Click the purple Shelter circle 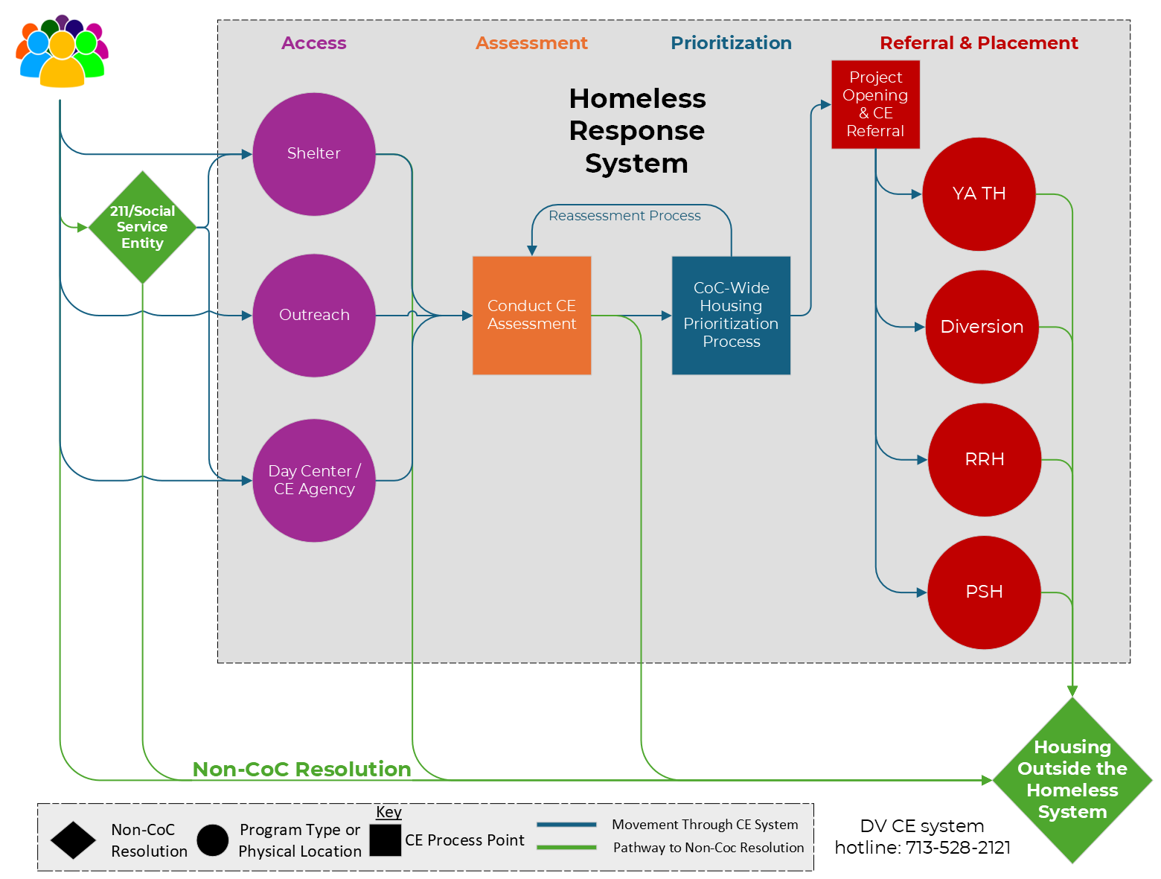(313, 154)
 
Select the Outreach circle (313, 315)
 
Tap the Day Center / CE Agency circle (313, 480)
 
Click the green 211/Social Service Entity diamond (142, 227)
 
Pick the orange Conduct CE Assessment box (531, 315)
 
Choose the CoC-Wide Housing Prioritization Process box (731, 315)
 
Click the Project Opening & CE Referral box (875, 104)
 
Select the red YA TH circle (979, 194)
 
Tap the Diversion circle (982, 327)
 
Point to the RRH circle (984, 459)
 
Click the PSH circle (984, 592)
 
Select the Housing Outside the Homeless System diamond (1072, 779)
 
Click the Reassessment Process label (624, 216)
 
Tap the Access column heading (313, 43)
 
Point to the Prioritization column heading (731, 43)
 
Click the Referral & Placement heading (979, 43)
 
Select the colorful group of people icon (62, 52)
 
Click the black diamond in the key (73, 840)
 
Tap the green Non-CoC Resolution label (301, 769)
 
